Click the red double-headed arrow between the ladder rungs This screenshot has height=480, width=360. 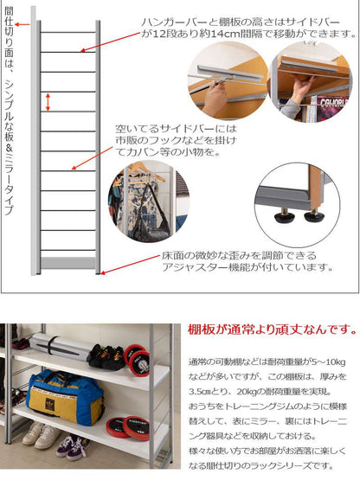[x=48, y=102]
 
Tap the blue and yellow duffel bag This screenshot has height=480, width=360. [x=65, y=397]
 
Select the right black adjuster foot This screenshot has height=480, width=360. [x=314, y=216]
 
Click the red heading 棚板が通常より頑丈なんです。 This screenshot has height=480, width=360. [x=273, y=330]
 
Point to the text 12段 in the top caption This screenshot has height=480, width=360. [x=164, y=34]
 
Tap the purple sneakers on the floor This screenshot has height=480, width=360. [x=70, y=448]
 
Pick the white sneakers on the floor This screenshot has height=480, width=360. [x=41, y=435]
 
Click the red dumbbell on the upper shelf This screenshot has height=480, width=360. [x=138, y=360]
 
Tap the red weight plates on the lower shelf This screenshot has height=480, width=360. [x=128, y=427]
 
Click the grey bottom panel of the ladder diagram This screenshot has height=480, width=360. [x=68, y=263]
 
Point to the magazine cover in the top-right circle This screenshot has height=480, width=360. [x=331, y=108]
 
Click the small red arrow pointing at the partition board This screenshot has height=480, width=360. [x=22, y=24]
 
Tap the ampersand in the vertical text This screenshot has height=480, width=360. [x=9, y=150]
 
